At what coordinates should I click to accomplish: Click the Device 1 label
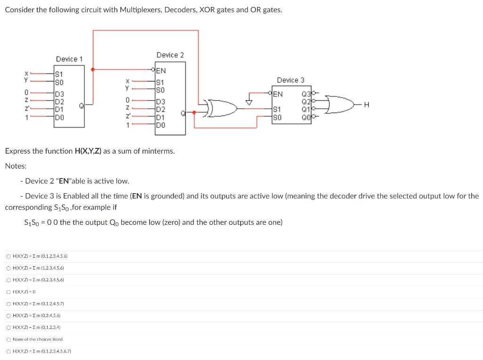(x=69, y=59)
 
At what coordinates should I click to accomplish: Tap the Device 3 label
(x=290, y=80)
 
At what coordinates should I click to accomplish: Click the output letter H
(x=374, y=106)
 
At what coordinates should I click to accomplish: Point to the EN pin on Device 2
(x=161, y=71)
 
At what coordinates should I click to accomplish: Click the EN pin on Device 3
(x=278, y=94)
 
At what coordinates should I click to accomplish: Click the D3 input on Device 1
(x=60, y=93)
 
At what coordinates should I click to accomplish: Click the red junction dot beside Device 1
(x=93, y=69)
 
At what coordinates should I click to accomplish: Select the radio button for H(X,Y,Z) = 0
(x=8, y=292)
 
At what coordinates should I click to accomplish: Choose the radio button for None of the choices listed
(x=8, y=339)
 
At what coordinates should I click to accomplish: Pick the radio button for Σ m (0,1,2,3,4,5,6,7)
(x=8, y=351)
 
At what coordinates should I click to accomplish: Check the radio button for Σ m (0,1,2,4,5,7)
(x=8, y=304)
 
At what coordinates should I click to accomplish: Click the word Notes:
(x=16, y=166)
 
